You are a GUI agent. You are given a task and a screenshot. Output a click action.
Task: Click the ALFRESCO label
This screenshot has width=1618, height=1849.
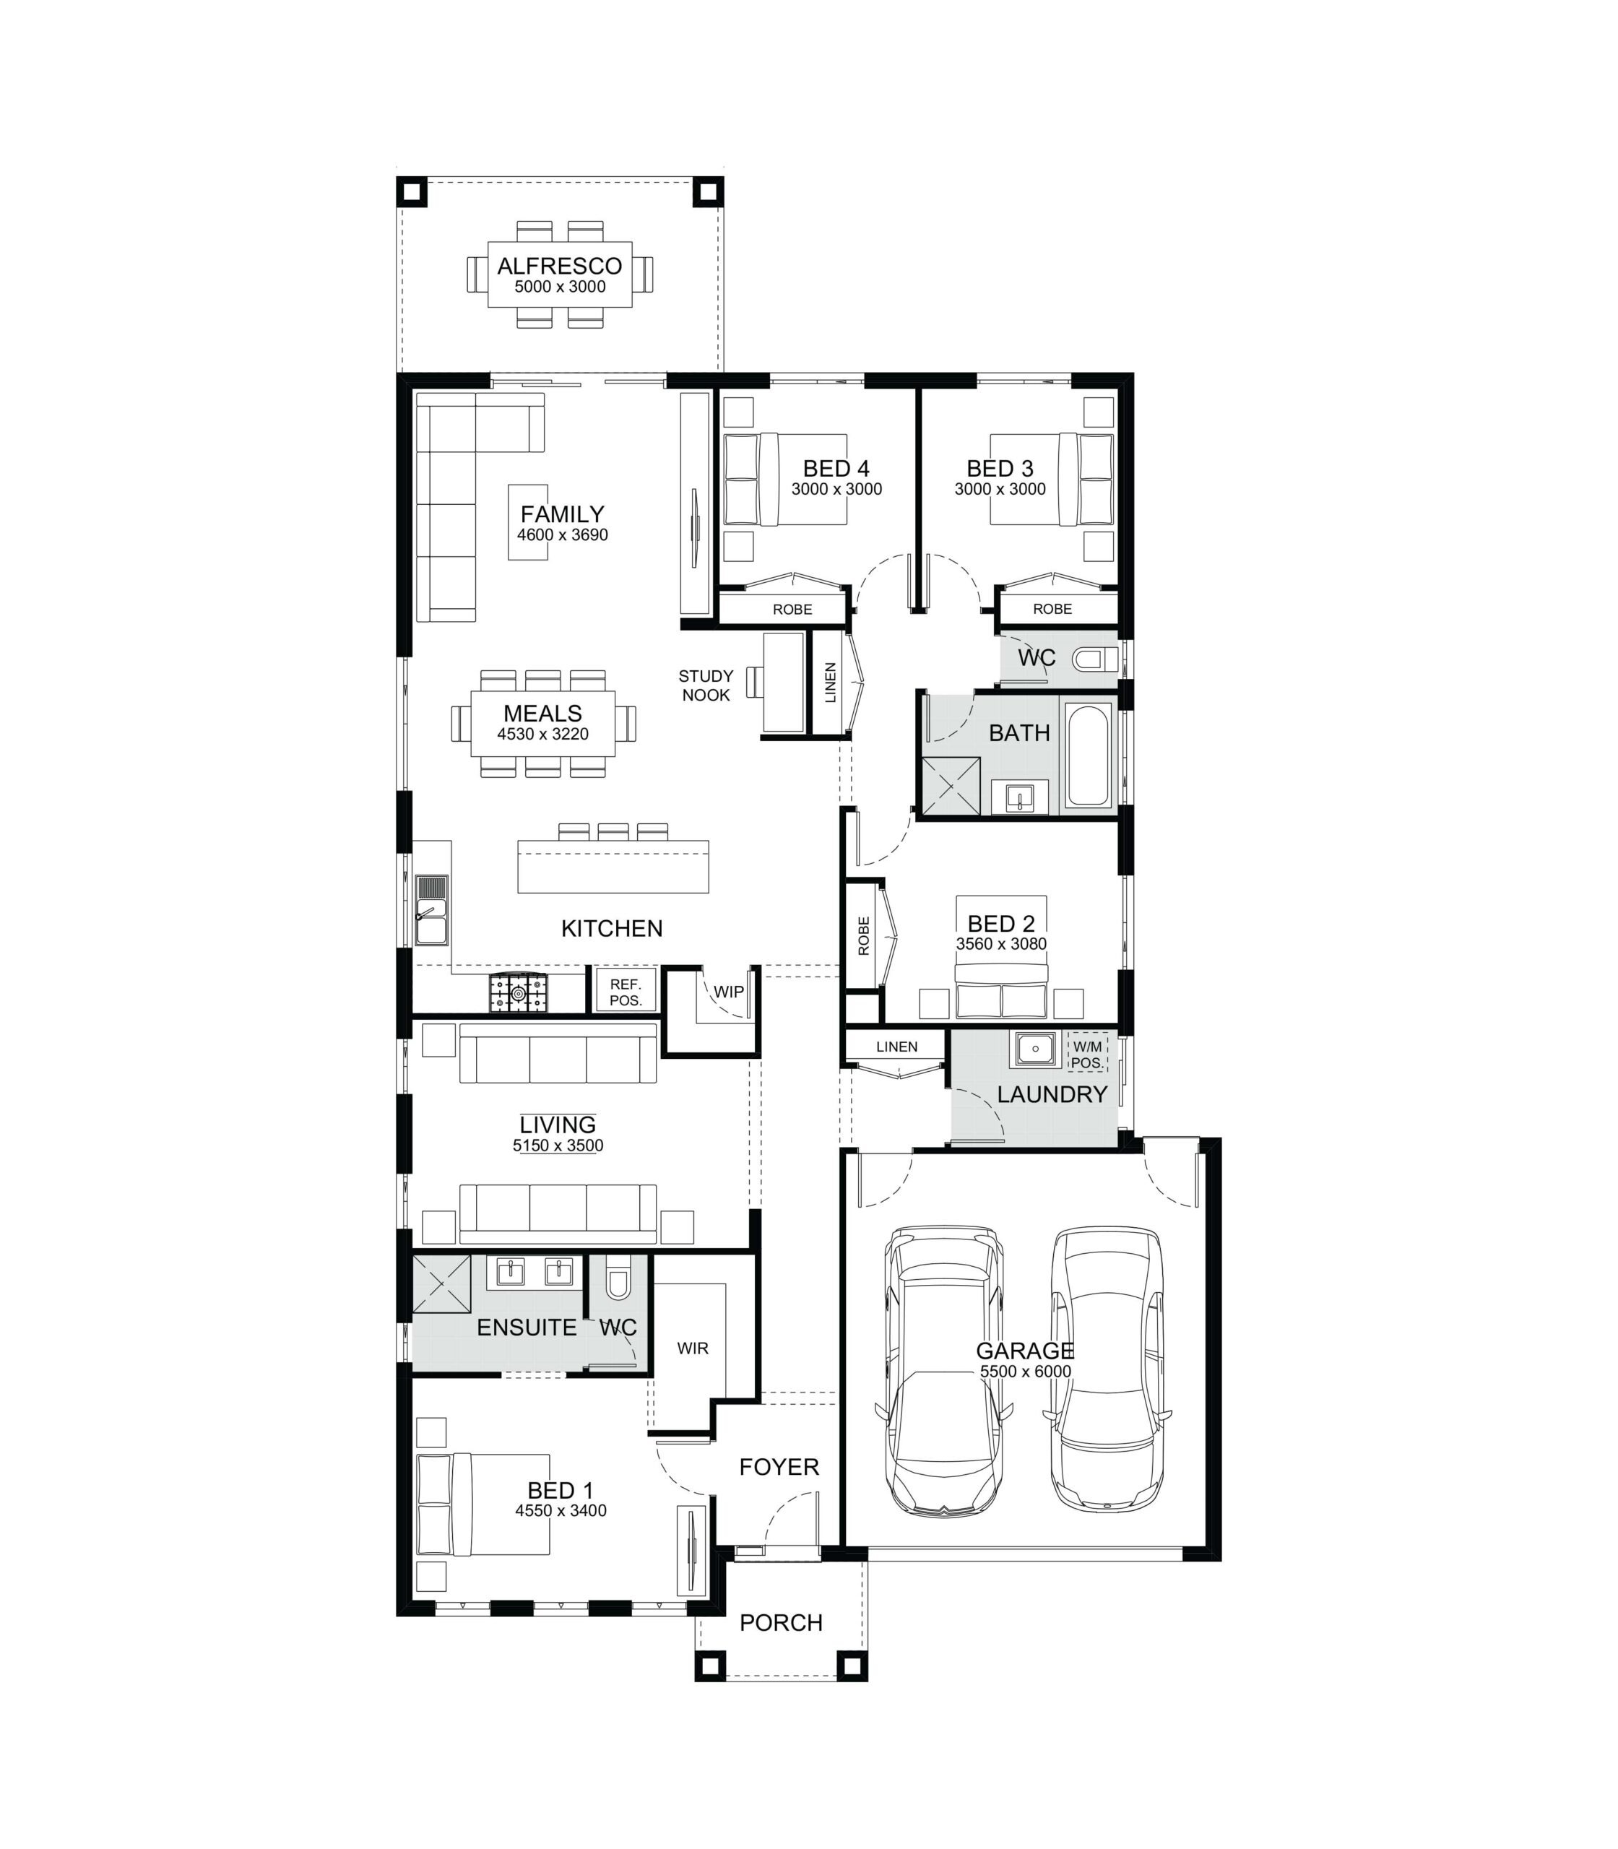pos(560,267)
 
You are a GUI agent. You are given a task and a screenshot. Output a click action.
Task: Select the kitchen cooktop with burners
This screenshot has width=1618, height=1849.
pos(519,992)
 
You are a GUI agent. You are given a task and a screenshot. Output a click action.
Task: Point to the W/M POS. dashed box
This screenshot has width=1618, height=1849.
pos(1087,1054)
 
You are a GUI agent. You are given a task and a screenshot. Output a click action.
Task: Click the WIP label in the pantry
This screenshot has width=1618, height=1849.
pos(729,991)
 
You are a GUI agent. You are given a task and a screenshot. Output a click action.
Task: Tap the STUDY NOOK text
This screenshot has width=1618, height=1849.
pos(706,685)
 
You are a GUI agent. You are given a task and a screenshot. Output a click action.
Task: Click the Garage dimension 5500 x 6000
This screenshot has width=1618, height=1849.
pos(1026,1372)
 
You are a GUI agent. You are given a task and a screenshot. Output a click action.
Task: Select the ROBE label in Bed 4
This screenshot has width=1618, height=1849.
pos(793,610)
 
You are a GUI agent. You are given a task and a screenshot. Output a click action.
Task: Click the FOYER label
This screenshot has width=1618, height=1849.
pos(779,1467)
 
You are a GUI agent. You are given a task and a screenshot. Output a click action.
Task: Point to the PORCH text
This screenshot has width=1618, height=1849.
pos(781,1622)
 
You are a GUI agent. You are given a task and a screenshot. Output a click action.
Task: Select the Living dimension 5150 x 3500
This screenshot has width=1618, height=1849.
pos(558,1146)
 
